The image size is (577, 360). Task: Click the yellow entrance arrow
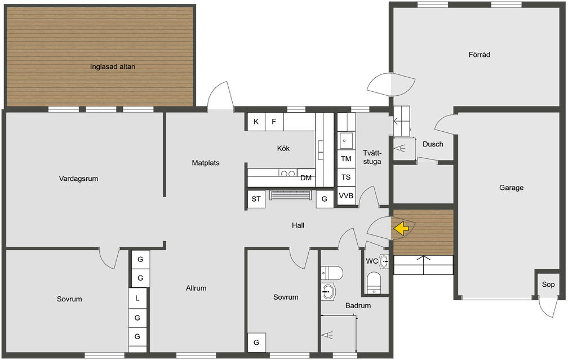[x=401, y=228]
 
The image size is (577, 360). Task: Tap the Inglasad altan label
[x=113, y=66]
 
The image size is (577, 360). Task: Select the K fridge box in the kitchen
[x=256, y=122]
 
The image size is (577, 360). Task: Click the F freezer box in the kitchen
[x=274, y=122]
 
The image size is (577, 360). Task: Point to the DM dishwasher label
[x=306, y=178]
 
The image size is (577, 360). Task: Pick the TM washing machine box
[x=346, y=159]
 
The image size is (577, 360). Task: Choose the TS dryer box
[x=346, y=177]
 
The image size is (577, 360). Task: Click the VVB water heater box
[x=346, y=195]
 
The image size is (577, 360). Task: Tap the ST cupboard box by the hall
[x=256, y=199]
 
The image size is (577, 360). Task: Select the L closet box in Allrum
[x=137, y=298]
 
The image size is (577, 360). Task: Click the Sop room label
[x=548, y=284]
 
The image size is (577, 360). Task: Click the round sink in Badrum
[x=329, y=292]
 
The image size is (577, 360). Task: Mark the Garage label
[x=511, y=188]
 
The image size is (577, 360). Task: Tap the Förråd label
[x=479, y=55]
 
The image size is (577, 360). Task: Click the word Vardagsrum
[x=78, y=179]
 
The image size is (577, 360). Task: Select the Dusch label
[x=433, y=144]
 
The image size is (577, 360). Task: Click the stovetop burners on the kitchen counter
[x=288, y=173]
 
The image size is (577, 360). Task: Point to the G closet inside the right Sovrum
[x=256, y=343]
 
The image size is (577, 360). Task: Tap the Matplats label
[x=206, y=163]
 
